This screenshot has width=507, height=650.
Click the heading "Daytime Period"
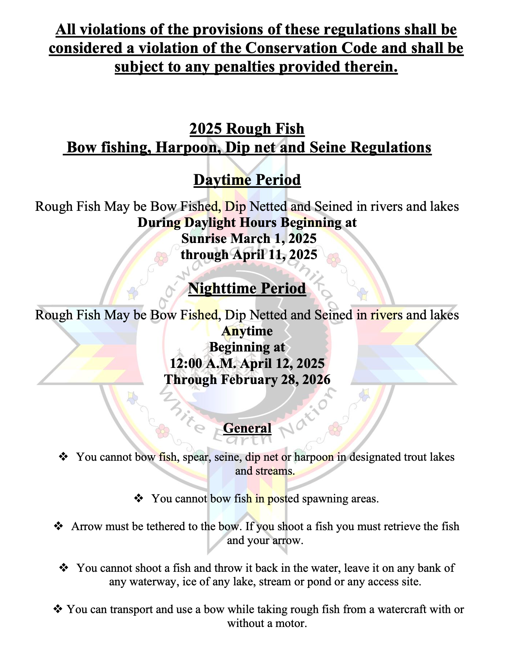coord(247,180)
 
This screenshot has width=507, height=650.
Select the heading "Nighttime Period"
coord(247,289)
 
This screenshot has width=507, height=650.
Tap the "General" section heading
coord(247,428)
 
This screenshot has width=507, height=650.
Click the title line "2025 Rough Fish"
coord(247,129)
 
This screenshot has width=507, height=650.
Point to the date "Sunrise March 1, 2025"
coord(249,239)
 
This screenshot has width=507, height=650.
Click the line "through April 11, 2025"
coord(249,255)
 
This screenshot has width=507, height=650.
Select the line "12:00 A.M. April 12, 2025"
coord(247,364)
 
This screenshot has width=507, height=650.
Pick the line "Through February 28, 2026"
coord(247,380)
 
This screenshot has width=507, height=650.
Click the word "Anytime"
coord(247,331)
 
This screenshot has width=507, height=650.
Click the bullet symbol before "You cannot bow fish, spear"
coord(64,457)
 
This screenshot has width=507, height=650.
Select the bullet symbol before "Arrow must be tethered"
coord(58,526)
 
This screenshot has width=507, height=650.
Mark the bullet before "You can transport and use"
coord(58,609)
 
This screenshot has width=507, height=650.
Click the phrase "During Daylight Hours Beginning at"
coord(247,223)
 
